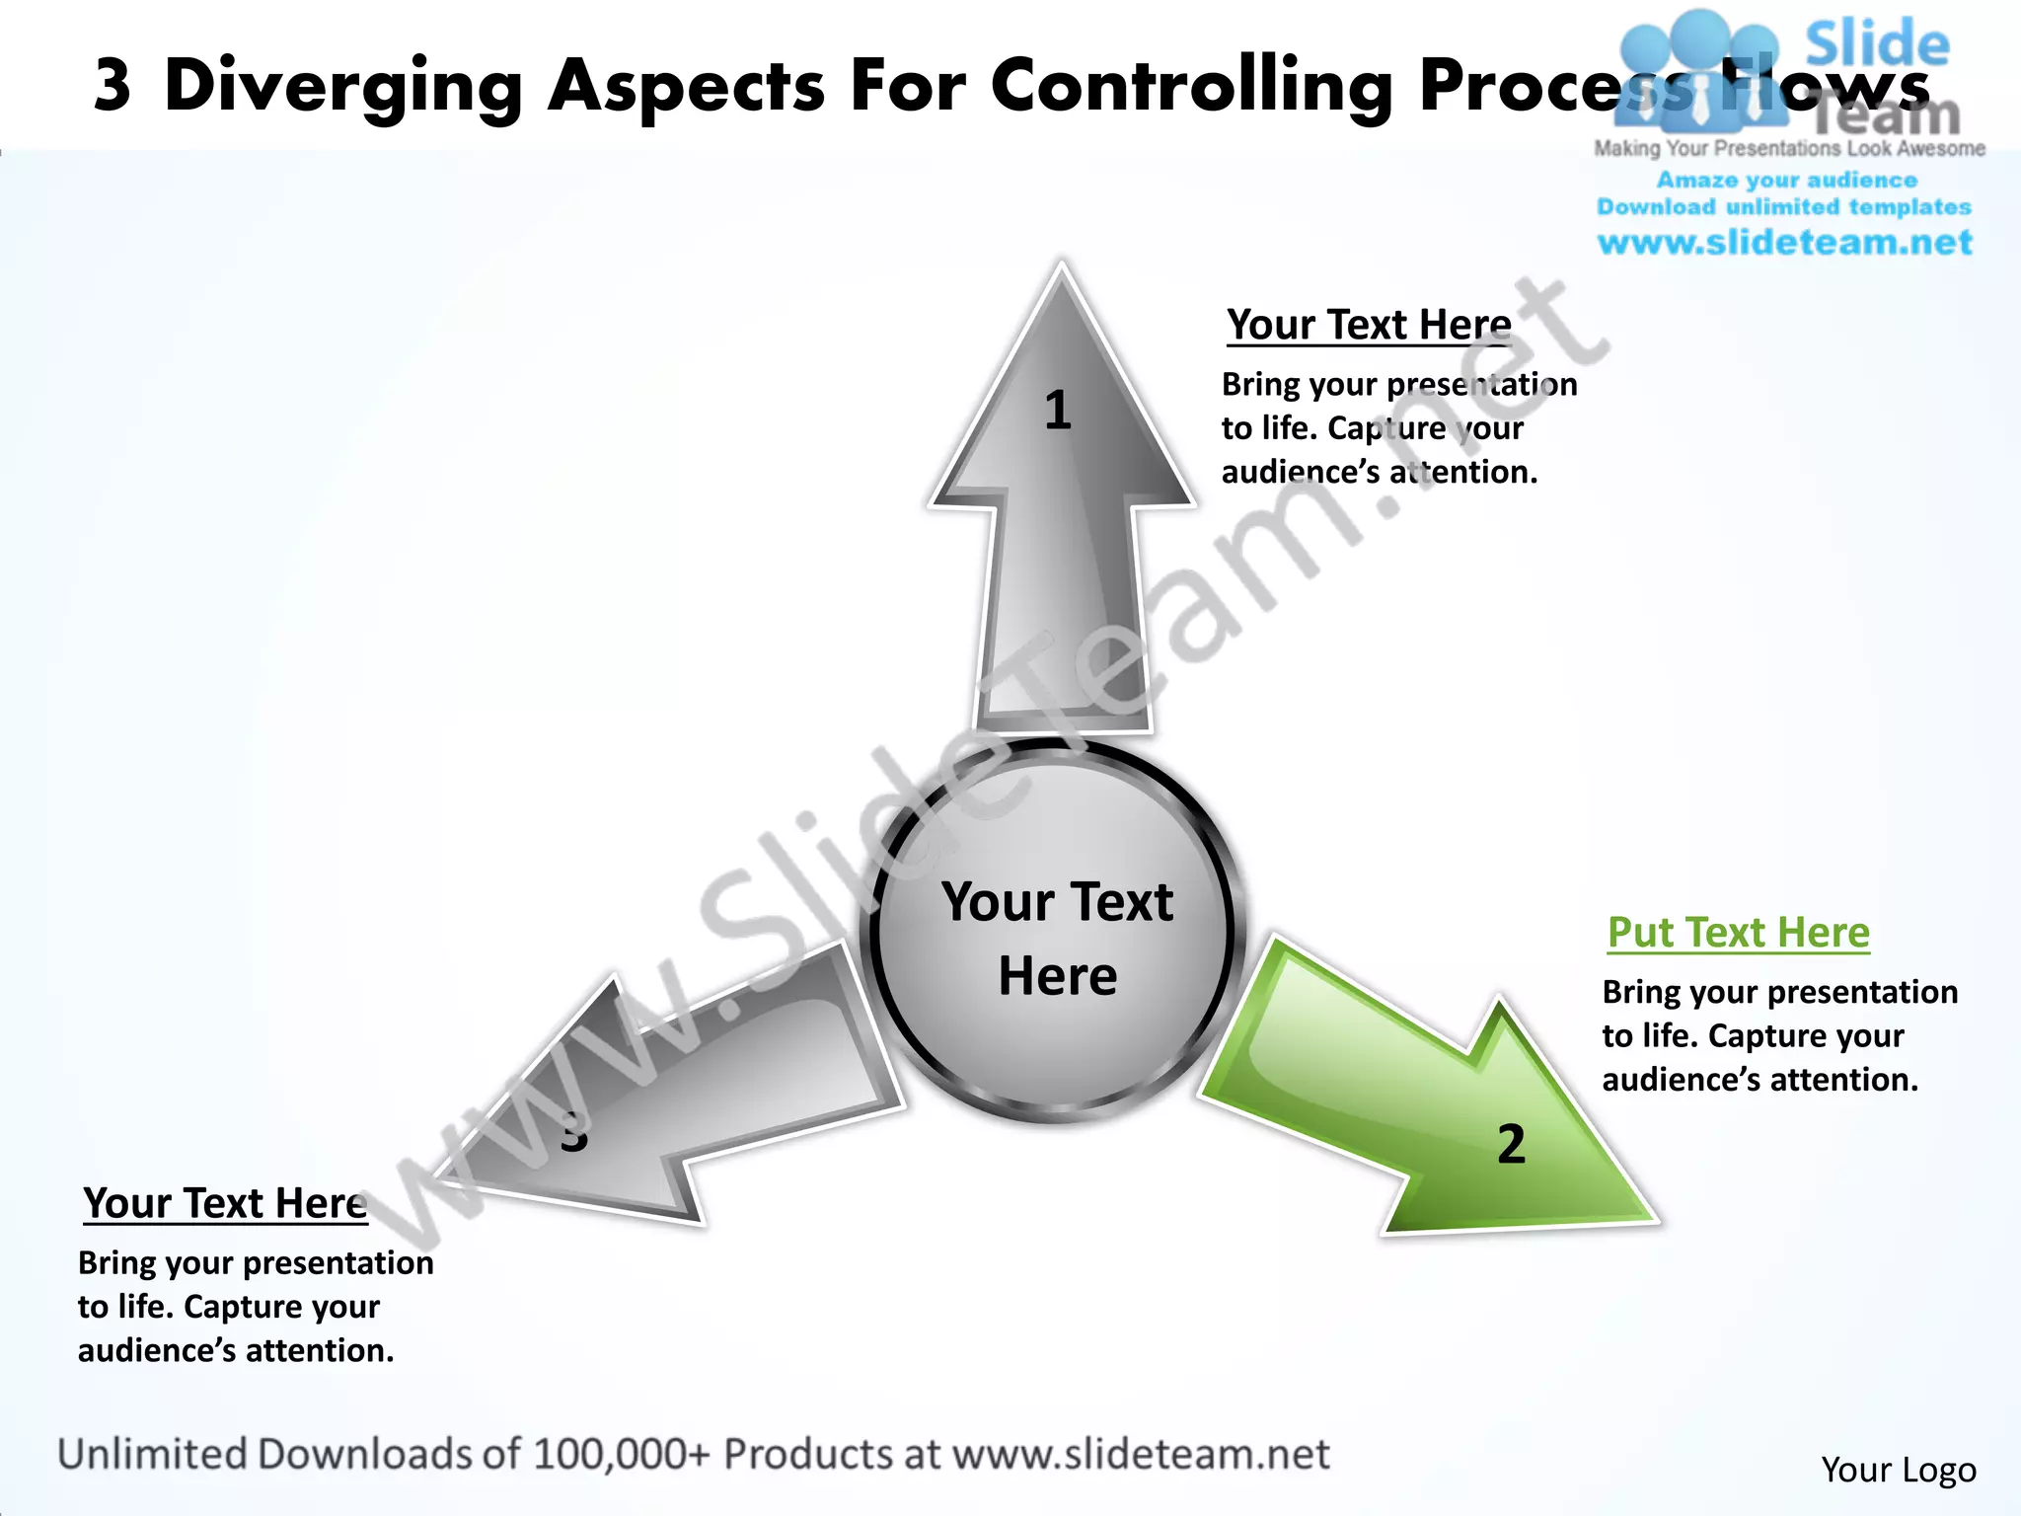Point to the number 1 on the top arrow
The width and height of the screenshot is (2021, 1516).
point(1058,410)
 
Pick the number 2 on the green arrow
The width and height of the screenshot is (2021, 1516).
point(1511,1144)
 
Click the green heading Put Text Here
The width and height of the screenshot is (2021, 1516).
point(1738,933)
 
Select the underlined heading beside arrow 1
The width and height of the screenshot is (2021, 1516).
point(1369,325)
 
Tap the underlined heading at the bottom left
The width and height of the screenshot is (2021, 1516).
point(225,1203)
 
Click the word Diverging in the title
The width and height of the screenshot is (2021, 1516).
point(342,87)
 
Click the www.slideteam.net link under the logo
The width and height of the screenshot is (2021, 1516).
point(1784,243)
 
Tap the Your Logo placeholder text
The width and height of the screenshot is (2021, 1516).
point(1898,1470)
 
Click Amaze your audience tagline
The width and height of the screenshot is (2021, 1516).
point(1786,181)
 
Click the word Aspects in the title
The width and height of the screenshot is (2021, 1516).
point(686,87)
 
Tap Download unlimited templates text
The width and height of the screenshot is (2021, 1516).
point(1784,207)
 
